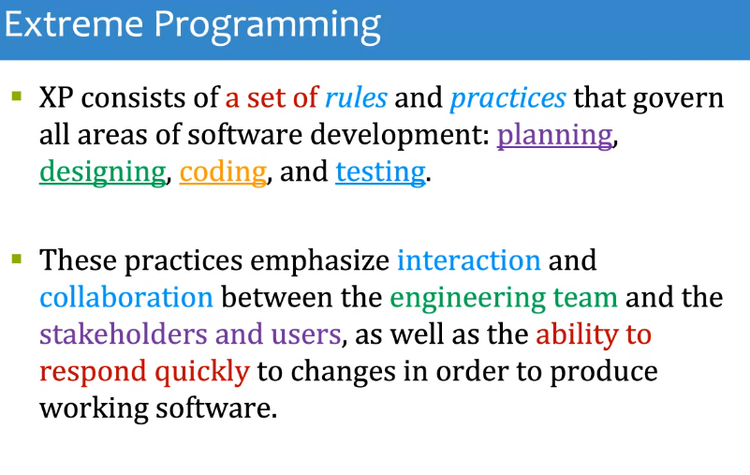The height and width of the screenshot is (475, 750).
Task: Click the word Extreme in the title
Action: point(74,24)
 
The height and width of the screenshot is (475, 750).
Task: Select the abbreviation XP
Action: point(56,97)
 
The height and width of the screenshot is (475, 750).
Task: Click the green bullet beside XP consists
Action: point(17,96)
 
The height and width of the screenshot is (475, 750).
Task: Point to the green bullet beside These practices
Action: point(17,259)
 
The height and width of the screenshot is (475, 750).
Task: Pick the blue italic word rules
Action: point(356,97)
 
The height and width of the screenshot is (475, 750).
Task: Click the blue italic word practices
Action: point(508,99)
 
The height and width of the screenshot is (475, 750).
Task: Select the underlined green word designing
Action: point(103,173)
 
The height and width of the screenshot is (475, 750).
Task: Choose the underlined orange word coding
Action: point(223,173)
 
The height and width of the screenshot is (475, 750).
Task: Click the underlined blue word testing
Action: point(380,173)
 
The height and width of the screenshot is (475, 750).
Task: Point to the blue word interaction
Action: point(469,260)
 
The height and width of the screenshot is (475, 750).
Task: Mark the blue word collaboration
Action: point(126,297)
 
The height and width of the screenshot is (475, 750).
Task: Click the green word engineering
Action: point(467,299)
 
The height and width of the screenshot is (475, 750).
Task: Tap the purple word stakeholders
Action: point(124,334)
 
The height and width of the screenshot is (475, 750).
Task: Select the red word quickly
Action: point(202,373)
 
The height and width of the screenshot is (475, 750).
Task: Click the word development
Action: point(400,137)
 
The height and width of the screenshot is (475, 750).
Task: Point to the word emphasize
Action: point(320,262)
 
